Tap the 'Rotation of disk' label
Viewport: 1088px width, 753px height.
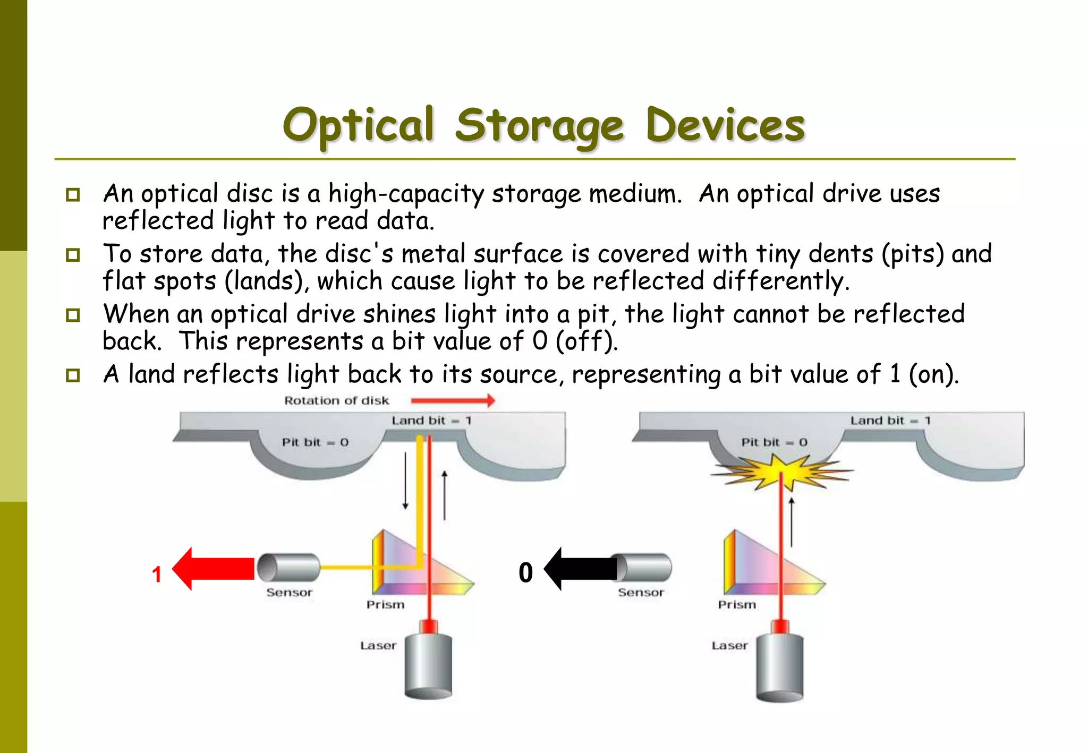[x=336, y=400]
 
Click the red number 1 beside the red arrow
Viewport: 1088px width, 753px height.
[x=156, y=574]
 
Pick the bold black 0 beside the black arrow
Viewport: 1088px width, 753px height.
[x=525, y=572]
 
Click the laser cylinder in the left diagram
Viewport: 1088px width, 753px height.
[x=428, y=666]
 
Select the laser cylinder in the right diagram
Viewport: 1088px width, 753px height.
[x=780, y=668]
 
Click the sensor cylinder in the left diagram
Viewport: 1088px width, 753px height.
[x=288, y=568]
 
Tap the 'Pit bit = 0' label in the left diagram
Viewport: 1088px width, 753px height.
[x=315, y=442]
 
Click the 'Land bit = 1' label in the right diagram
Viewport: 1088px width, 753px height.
[x=890, y=421]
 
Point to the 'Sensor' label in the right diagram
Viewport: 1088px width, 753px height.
[x=641, y=593]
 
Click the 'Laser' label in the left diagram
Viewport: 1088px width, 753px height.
[x=378, y=646]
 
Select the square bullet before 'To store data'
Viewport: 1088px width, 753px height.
[x=73, y=255]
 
